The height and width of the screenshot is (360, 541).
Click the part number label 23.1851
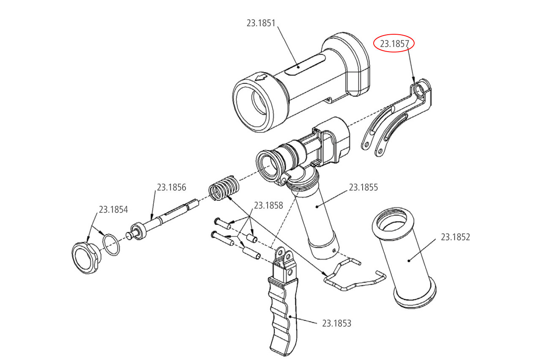coord(261,23)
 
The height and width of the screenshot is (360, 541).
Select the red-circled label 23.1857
coord(394,44)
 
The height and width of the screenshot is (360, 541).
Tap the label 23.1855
coord(363,187)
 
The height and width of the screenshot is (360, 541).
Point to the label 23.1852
coord(455,237)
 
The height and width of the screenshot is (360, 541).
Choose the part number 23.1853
coord(336,324)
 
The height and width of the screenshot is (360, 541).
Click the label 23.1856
coord(172,187)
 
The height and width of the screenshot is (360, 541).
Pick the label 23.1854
coord(113,209)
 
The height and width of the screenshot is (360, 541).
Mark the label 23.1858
coord(268,206)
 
